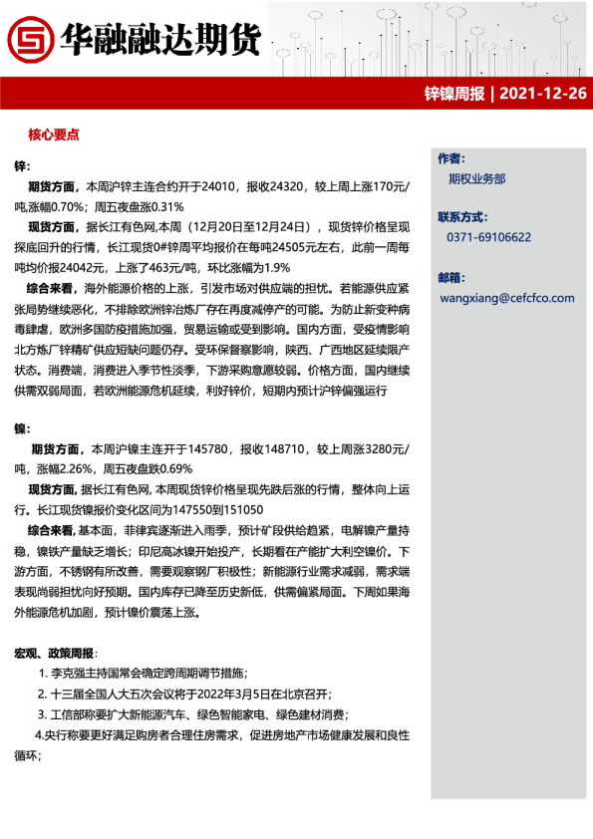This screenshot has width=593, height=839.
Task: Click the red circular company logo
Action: (x=30, y=39)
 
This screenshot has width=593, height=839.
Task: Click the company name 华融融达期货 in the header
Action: (x=159, y=39)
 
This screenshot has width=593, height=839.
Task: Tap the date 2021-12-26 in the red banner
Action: (x=542, y=95)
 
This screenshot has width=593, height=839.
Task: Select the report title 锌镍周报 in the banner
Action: (x=454, y=95)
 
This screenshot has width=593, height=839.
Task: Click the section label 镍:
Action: (x=21, y=428)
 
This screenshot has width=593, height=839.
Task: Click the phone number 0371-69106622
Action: (x=488, y=237)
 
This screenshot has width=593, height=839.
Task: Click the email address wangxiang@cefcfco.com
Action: (x=506, y=297)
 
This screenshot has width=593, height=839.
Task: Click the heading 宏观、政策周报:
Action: (x=55, y=653)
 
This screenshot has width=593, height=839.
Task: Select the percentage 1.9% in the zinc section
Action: (x=279, y=267)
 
